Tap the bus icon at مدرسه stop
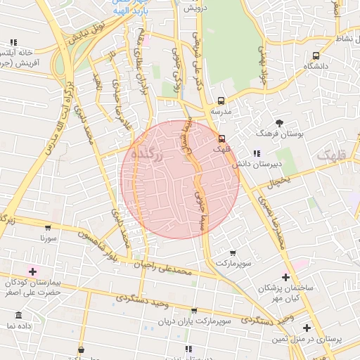coord(221,101)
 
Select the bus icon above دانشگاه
coord(316,55)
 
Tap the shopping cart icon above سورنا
coord(48,227)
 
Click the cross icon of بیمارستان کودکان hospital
coord(32,271)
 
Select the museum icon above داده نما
coord(19,315)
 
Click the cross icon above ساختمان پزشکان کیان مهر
coord(285,277)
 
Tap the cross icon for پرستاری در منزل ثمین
coord(307,328)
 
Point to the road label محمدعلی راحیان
coord(164,266)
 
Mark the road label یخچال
coord(278,181)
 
